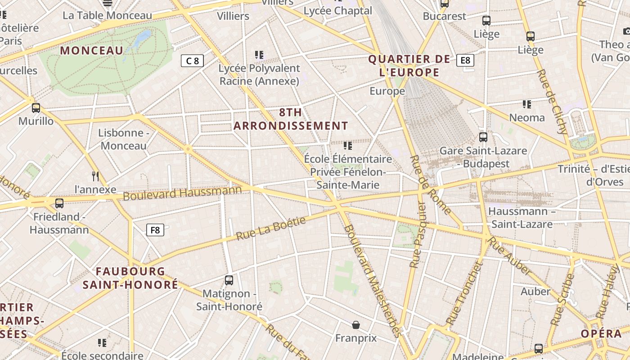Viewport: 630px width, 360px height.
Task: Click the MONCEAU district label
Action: [92, 50]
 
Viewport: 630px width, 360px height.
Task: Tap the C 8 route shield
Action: [192, 61]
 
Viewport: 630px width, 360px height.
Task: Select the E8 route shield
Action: [465, 60]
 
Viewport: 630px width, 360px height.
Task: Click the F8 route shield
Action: [155, 230]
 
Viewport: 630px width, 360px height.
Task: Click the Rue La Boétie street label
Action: [271, 228]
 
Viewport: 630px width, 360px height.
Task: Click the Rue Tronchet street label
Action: [464, 293]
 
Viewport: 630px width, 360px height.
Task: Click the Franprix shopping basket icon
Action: [356, 325]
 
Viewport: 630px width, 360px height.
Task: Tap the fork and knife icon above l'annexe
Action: [95, 176]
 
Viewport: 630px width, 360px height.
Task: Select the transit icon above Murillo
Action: [36, 108]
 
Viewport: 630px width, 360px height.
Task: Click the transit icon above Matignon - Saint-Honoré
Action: [229, 280]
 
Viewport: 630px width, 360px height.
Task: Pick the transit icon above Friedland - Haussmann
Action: [59, 203]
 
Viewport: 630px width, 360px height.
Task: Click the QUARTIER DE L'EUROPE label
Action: [409, 66]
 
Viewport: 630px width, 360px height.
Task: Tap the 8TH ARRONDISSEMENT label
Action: [291, 119]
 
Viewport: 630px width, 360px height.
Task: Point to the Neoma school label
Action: [526, 117]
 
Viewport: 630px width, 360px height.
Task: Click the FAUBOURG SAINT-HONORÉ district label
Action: [130, 278]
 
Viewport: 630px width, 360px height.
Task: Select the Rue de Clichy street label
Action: [552, 102]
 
